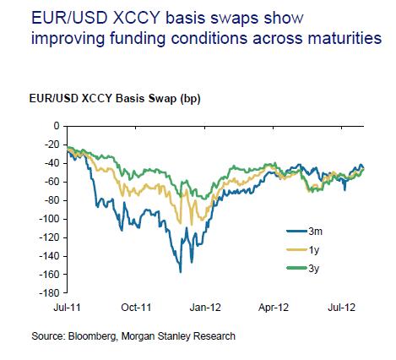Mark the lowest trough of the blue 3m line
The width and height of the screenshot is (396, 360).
pyautogui.click(x=180, y=272)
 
